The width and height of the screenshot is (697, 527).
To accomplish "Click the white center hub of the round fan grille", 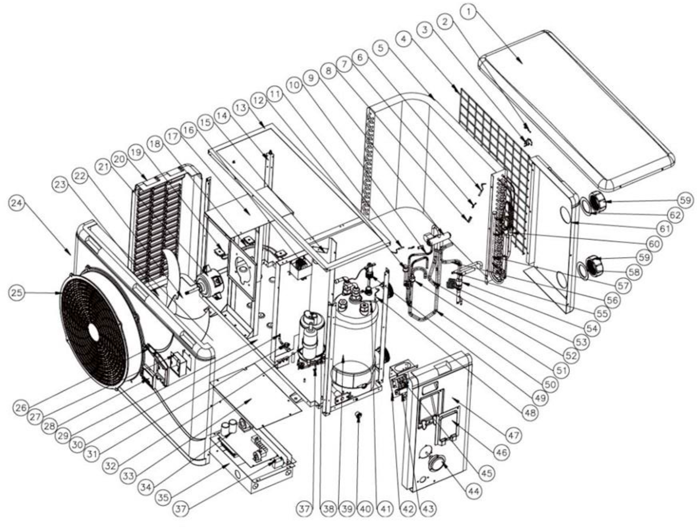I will click(93, 337).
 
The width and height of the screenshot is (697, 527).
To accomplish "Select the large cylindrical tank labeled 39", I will click(354, 338).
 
